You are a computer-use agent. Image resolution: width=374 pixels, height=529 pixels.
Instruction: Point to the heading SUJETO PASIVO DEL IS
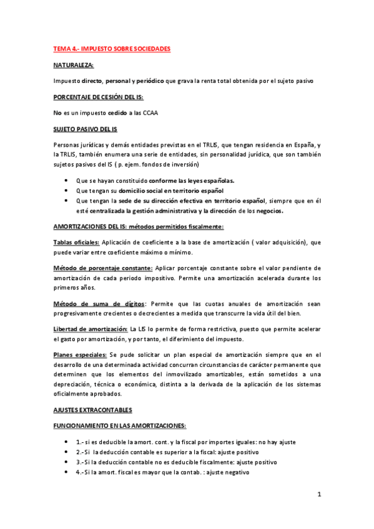(x=86, y=129)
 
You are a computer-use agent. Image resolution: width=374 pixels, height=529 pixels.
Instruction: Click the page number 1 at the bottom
(x=318, y=495)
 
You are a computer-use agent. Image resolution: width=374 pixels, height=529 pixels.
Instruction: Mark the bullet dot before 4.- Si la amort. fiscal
(x=67, y=472)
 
